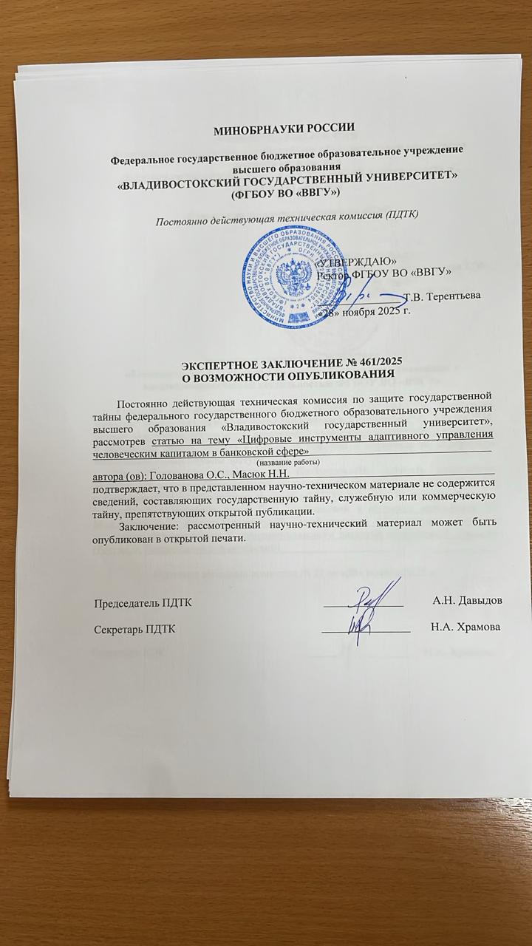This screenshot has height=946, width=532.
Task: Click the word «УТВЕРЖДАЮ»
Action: point(355,262)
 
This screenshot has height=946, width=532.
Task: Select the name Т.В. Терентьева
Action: point(443,296)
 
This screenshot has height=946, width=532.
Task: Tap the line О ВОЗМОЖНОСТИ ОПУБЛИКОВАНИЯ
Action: point(288,375)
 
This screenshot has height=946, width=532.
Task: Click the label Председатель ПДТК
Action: point(143,602)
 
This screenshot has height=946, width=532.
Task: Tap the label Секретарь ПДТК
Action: point(135,628)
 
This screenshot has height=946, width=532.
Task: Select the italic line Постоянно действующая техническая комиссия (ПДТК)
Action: point(286,215)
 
